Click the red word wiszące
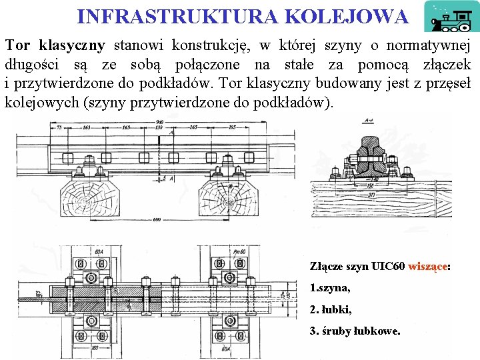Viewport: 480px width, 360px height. pos(427,266)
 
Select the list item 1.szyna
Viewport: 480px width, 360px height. pos(330,288)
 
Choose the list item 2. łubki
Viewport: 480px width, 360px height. pos(331,309)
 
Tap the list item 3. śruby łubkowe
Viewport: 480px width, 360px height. pos(355,331)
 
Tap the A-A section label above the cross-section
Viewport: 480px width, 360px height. pos(369,121)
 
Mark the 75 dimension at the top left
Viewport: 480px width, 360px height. pos(59,127)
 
